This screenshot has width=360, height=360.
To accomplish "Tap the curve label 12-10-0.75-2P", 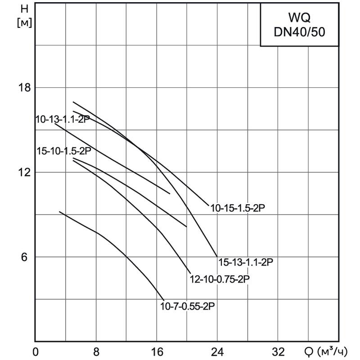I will click(220, 279).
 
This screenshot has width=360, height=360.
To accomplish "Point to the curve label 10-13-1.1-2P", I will click(63, 119).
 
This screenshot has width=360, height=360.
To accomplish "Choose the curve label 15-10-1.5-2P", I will click(64, 151).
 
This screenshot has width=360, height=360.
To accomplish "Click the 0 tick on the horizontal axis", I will click(36, 351).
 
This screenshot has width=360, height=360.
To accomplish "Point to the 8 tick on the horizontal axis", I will click(96, 351).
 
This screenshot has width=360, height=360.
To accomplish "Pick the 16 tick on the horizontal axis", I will click(157, 351).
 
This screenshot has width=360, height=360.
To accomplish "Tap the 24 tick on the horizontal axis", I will click(218, 351).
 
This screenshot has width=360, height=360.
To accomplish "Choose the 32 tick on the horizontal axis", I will click(278, 351).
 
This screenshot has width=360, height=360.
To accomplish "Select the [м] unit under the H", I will click(24, 23).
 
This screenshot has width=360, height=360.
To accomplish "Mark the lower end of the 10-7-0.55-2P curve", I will click(164, 299).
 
